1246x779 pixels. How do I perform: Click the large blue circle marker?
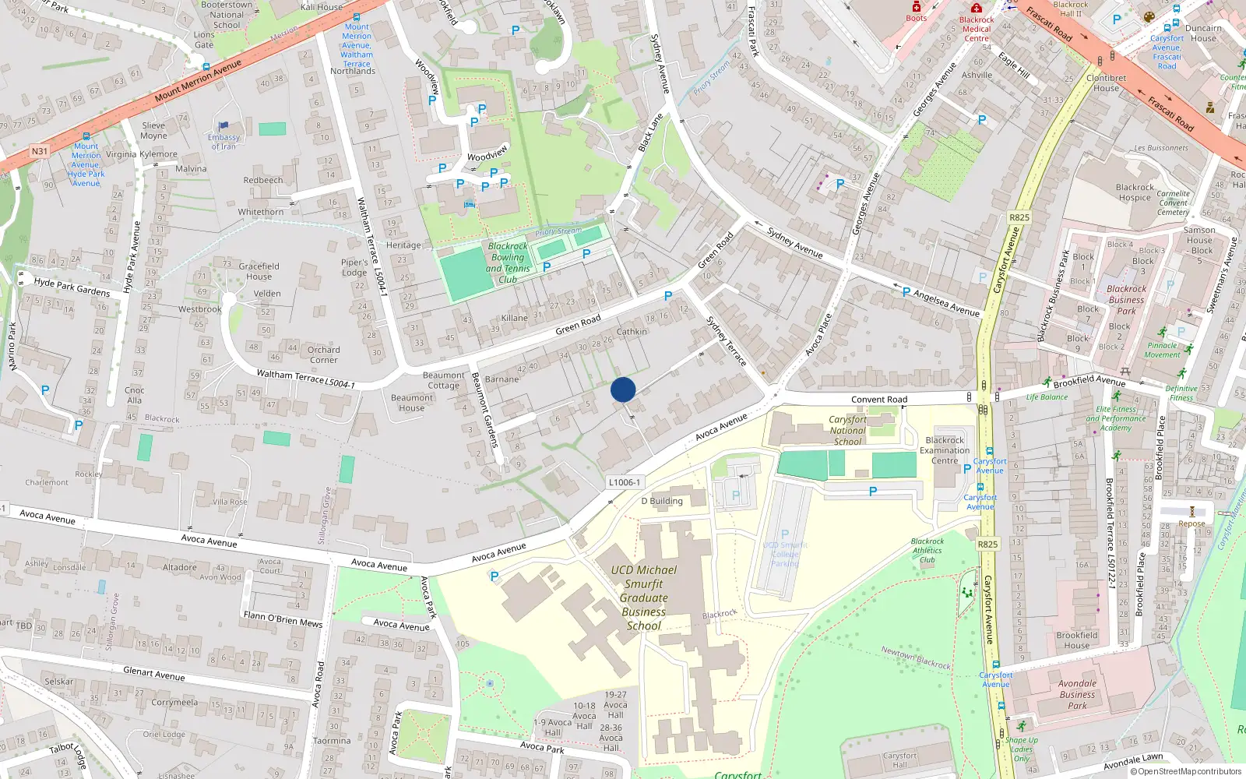(x=623, y=389)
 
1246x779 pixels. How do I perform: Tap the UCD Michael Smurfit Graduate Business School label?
(x=644, y=597)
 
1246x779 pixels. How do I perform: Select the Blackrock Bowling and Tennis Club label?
(x=508, y=263)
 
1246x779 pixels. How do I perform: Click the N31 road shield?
(x=40, y=151)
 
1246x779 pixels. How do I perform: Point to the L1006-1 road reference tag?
(x=624, y=482)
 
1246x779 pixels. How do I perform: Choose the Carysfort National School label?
(x=847, y=430)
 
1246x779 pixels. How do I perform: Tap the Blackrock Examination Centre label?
(x=945, y=450)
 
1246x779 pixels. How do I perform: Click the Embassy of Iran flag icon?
(x=224, y=125)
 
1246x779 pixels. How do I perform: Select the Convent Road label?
(x=879, y=400)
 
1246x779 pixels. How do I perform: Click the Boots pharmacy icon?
(x=917, y=7)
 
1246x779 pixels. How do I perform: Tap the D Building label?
(x=662, y=501)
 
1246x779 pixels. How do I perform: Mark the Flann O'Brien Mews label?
(x=283, y=619)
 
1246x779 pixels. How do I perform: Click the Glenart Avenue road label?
(x=154, y=674)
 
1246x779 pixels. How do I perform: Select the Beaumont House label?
(x=412, y=403)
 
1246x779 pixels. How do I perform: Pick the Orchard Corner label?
(x=323, y=354)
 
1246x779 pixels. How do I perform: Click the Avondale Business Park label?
(x=1077, y=694)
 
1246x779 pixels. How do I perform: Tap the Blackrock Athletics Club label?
(x=927, y=550)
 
